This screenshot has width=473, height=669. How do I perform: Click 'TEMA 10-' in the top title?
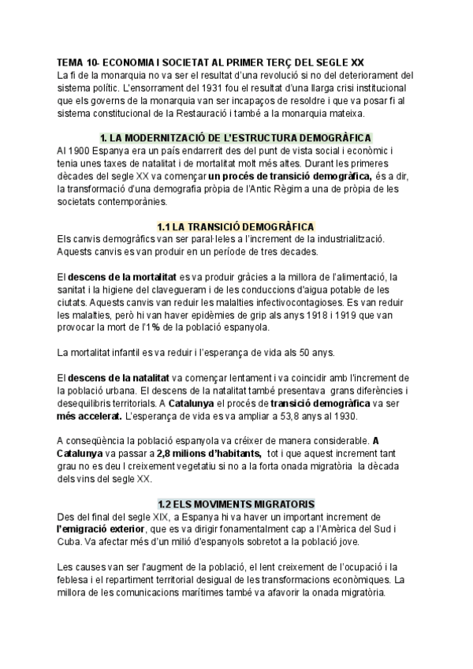click(77, 63)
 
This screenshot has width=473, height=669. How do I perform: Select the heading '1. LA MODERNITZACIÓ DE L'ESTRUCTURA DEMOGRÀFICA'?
click(236, 136)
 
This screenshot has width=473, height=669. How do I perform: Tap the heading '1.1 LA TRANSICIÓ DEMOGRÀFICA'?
click(236, 226)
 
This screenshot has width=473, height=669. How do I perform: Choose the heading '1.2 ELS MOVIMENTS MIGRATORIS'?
click(236, 503)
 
